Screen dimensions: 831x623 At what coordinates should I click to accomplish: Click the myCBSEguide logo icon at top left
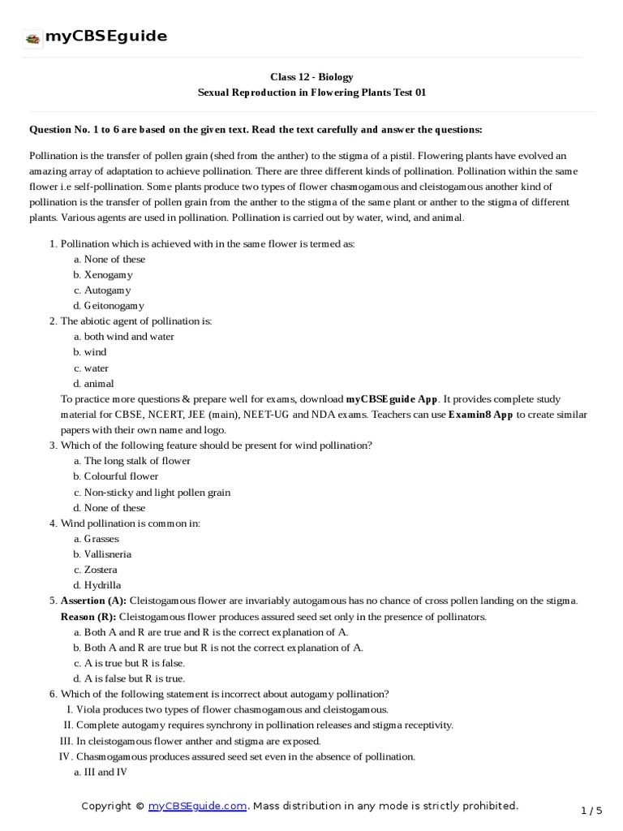pos(32,37)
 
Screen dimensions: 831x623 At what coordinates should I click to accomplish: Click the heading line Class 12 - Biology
pos(311,77)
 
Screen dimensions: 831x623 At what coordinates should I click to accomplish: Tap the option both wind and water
pos(128,337)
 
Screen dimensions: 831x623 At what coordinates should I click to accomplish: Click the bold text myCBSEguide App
pos(392,399)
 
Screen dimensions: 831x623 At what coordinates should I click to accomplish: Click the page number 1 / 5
pos(592,811)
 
